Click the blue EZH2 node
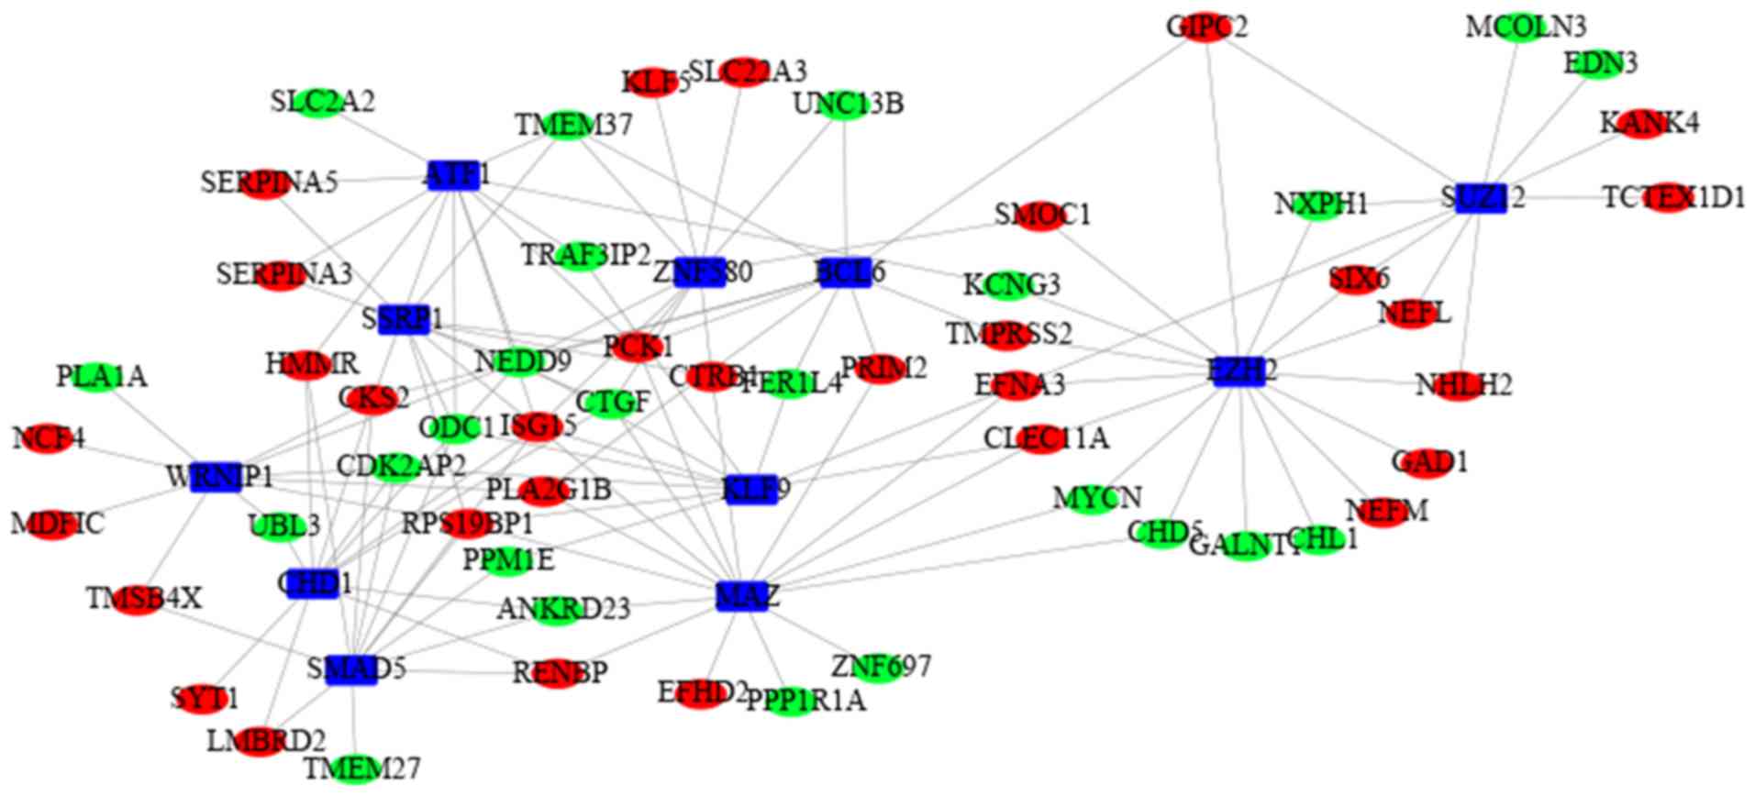[x=1238, y=371]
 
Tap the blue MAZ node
[x=742, y=597]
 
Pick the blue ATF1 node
[x=453, y=176]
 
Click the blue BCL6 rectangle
[x=844, y=273]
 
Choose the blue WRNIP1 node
[x=217, y=477]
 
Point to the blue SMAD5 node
[x=351, y=669]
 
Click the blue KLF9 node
[x=751, y=490]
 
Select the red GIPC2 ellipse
[x=1205, y=28]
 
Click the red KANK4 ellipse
[x=1640, y=123]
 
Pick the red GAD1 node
[x=1427, y=462]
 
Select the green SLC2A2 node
[x=322, y=102]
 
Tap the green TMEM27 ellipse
[x=356, y=768]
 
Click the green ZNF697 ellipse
[x=878, y=667]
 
